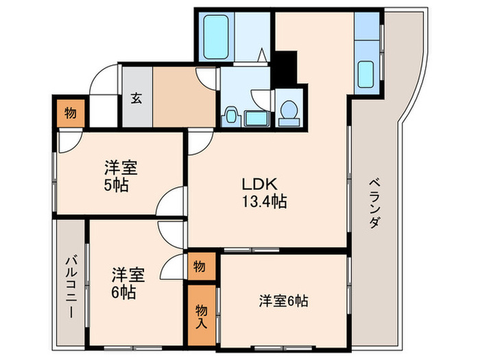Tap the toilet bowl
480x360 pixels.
(289, 111)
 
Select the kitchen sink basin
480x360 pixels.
(366, 75)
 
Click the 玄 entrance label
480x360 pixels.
(136, 97)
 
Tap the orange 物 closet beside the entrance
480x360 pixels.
(70, 112)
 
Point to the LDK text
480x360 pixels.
(258, 184)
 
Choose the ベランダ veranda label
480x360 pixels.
(374, 203)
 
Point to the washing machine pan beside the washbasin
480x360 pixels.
(257, 117)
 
